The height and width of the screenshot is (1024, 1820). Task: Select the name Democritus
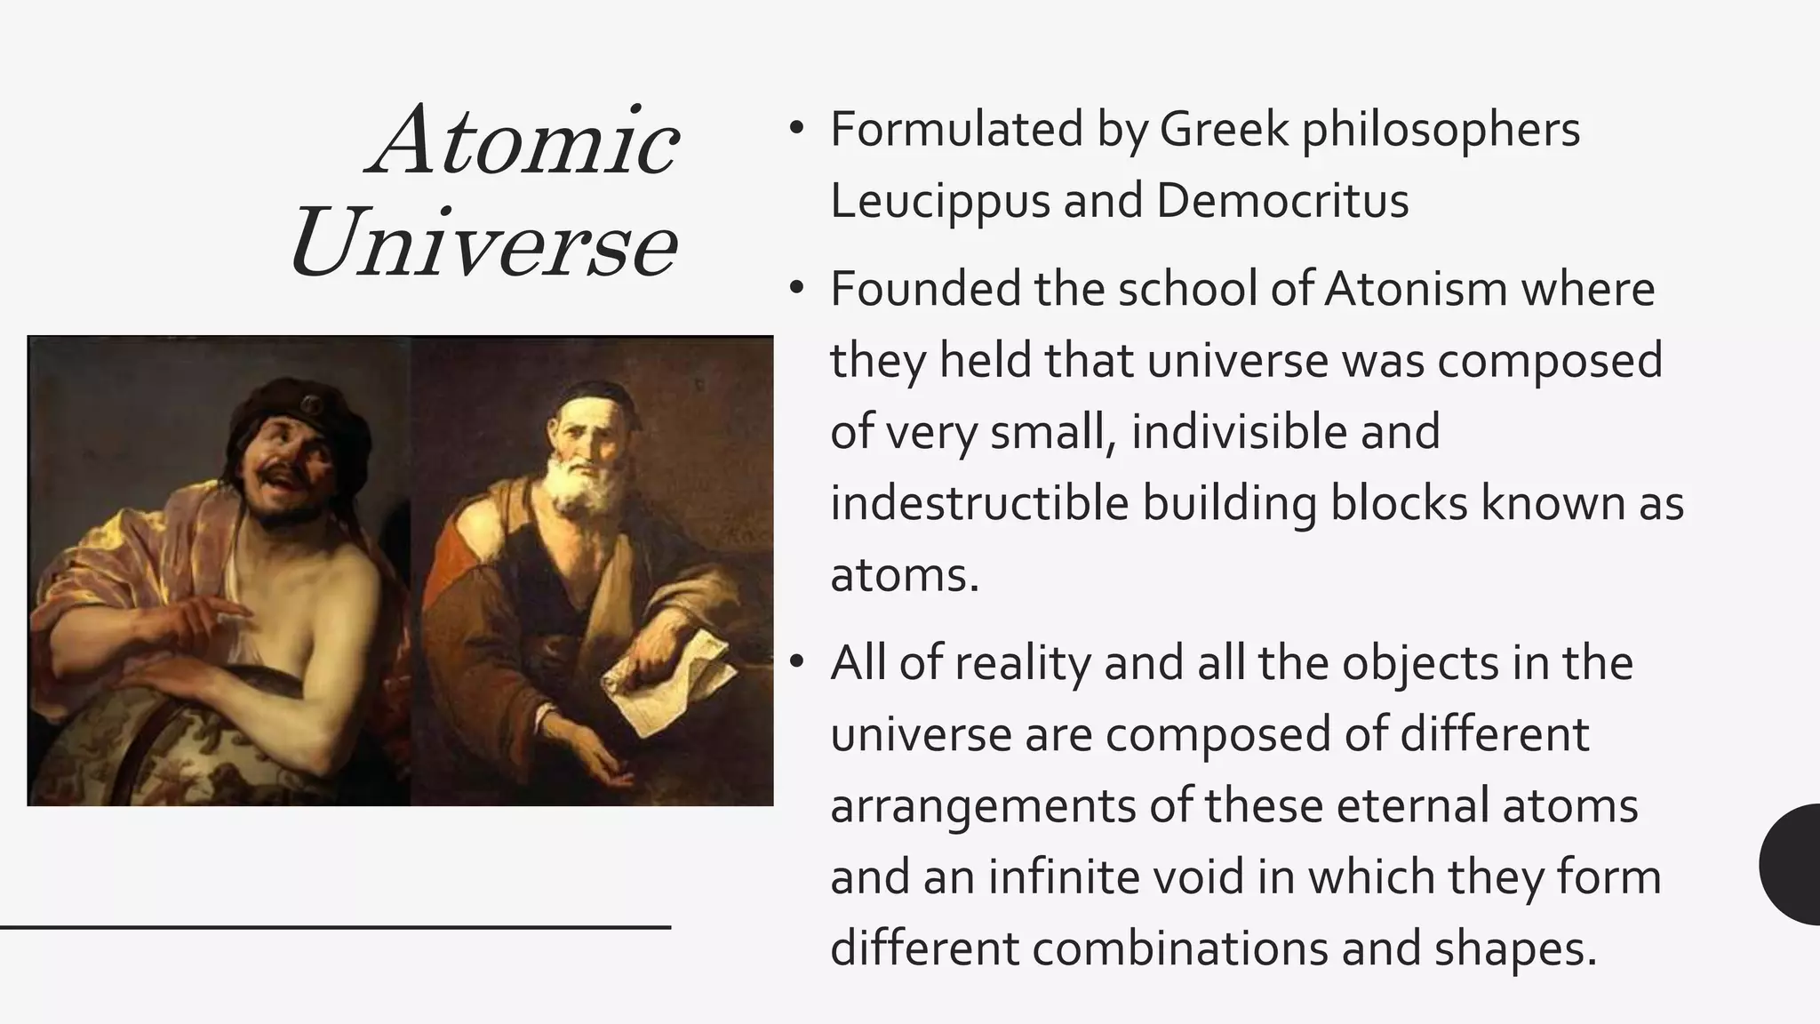pyautogui.click(x=1281, y=201)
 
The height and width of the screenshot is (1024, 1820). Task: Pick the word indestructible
pyautogui.click(x=978, y=503)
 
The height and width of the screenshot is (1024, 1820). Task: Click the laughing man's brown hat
pyautogui.click(x=293, y=414)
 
